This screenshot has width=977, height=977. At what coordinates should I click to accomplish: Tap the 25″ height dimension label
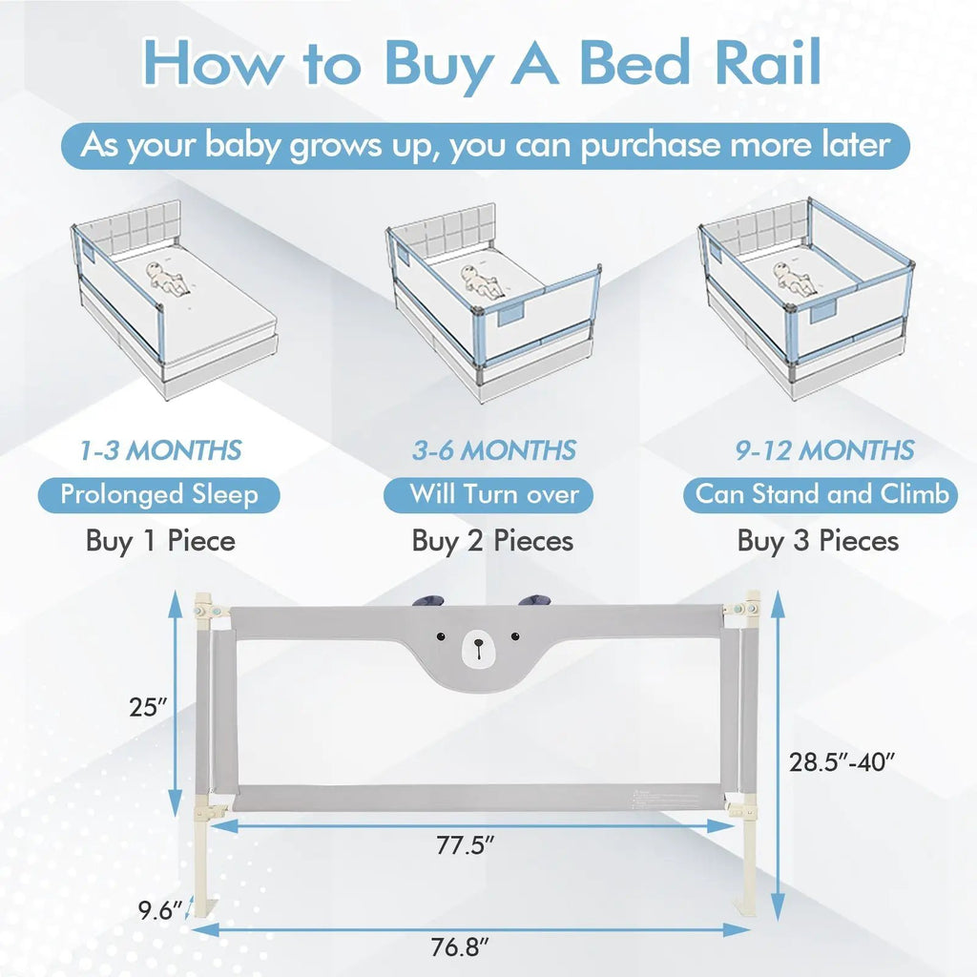148,707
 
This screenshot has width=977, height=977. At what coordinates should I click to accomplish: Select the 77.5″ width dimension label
465,845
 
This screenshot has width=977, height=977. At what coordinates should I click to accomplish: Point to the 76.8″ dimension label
461,947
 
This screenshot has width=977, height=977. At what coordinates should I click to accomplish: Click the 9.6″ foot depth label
160,910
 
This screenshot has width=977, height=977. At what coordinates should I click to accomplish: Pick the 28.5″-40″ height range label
842,762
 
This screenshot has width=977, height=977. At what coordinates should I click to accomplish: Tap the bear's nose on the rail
479,642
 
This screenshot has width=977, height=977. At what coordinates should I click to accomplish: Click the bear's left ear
427,601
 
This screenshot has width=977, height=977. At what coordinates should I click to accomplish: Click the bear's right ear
534,601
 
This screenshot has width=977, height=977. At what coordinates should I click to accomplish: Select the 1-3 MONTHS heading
160,450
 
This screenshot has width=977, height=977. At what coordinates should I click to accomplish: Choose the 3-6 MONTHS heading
494,450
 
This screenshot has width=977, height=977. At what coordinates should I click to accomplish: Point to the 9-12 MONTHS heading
824,450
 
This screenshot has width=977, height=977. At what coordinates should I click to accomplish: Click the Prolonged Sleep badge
159,495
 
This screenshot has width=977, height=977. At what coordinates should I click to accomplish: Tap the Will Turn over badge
488,495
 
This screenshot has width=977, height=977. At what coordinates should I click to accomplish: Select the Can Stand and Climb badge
821,495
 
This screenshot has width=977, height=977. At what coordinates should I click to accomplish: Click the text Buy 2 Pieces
492,541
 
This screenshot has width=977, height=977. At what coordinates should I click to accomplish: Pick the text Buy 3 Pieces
818,541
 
